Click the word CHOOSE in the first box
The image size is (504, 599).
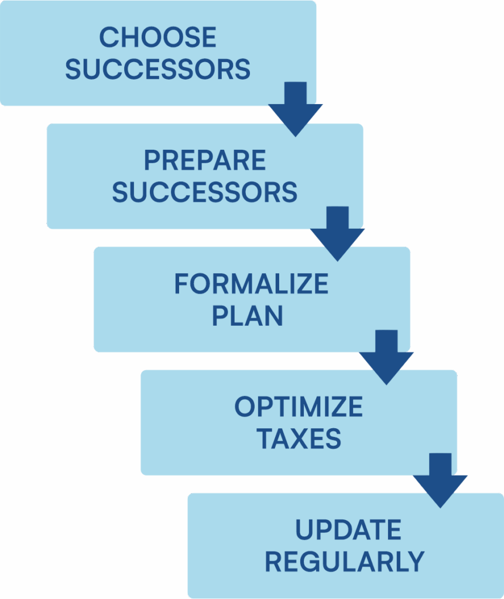(x=157, y=39)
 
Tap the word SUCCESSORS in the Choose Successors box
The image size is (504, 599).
(x=157, y=70)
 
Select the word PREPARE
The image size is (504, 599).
(x=205, y=161)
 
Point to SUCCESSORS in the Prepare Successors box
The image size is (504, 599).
(x=205, y=192)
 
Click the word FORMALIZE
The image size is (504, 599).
(x=251, y=285)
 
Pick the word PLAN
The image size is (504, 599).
(x=247, y=316)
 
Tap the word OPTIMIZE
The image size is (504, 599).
(x=299, y=408)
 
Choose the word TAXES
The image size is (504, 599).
(x=299, y=439)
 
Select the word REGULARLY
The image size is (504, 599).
(x=344, y=562)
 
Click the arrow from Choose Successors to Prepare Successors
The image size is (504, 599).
(x=296, y=109)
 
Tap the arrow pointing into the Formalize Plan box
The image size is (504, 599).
(x=338, y=233)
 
